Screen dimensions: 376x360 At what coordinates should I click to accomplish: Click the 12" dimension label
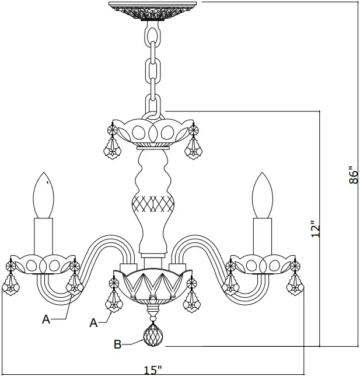pyautogui.click(x=316, y=229)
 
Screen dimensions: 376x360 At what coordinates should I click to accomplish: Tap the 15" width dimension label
pyautogui.click(x=153, y=370)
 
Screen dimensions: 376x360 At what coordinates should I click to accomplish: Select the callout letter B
pyautogui.click(x=117, y=344)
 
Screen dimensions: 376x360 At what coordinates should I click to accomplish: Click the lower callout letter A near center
pyautogui.click(x=93, y=322)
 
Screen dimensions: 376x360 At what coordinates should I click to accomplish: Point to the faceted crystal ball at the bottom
pyautogui.click(x=152, y=336)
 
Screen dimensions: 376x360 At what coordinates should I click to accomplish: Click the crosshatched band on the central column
pyautogui.click(x=153, y=204)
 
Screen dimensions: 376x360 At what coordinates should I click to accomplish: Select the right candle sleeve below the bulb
pyautogui.click(x=262, y=236)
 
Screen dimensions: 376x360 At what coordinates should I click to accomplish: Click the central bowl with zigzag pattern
pyautogui.click(x=153, y=286)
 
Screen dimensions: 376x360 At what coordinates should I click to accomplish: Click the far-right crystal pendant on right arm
pyautogui.click(x=296, y=283)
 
